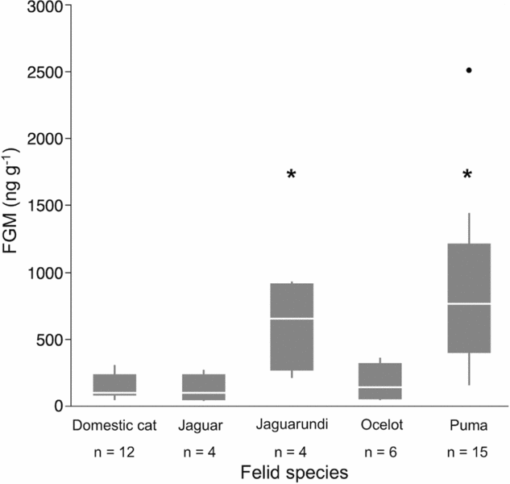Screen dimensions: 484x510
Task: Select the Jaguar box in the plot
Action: (204, 386)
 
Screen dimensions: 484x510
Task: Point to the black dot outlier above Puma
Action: (468, 70)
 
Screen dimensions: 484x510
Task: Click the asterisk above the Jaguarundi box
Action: (292, 175)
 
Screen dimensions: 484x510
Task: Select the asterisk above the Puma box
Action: (468, 175)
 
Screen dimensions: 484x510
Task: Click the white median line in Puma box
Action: (469, 303)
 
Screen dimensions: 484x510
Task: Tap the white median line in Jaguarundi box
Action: (292, 319)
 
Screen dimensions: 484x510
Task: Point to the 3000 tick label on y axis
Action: (42, 6)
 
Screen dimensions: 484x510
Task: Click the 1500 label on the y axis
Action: (42, 206)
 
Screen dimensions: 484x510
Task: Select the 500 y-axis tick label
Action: (46, 340)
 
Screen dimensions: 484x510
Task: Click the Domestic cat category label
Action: (114, 423)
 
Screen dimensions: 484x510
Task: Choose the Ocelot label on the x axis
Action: (379, 423)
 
